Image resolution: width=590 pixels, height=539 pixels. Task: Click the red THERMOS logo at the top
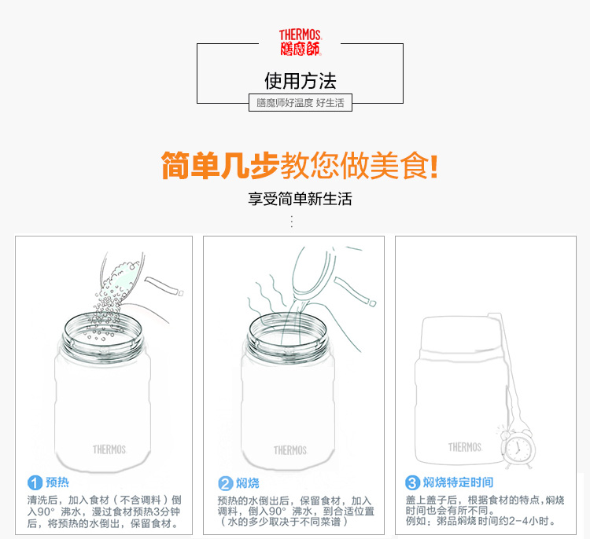tap(301, 42)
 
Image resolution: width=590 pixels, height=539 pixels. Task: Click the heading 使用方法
tap(301, 81)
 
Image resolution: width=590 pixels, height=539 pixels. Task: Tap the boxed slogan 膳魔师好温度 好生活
tap(301, 103)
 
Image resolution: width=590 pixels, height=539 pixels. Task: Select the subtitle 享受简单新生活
tap(300, 199)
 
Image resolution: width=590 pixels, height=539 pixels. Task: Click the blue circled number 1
tap(35, 482)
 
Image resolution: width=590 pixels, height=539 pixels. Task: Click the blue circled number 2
tap(226, 483)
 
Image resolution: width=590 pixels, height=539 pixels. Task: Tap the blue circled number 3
tap(412, 482)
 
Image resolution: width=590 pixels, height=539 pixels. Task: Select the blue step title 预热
tap(57, 482)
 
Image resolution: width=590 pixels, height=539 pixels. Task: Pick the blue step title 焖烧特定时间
tap(458, 482)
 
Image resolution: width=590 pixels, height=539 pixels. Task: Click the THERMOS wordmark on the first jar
tap(109, 449)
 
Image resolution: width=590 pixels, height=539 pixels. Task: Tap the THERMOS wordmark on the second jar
tap(290, 450)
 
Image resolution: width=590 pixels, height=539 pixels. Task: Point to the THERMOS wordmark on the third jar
tap(465, 447)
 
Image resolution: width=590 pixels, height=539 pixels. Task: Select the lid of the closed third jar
tap(461, 335)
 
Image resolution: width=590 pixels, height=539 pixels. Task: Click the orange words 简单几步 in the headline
tap(219, 166)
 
